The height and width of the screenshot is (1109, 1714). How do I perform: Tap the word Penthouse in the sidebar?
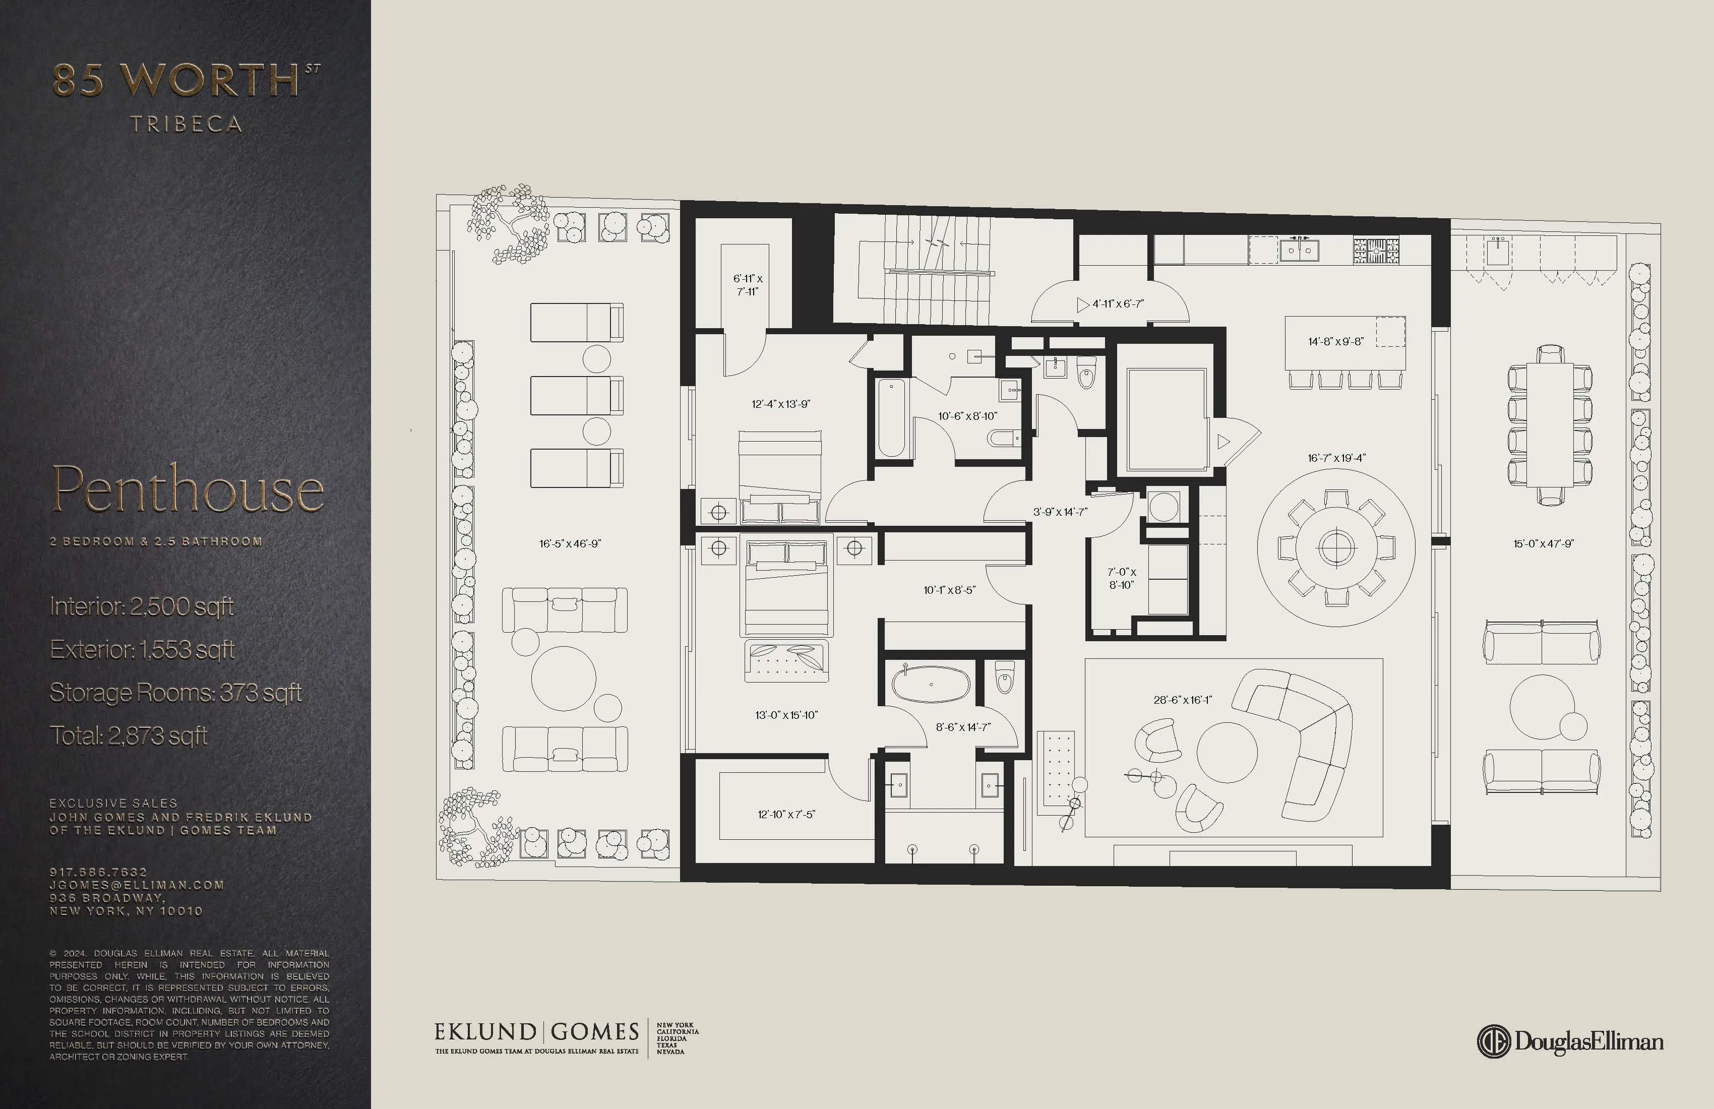pyautogui.click(x=187, y=489)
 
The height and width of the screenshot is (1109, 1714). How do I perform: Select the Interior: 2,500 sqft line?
pyautogui.click(x=142, y=606)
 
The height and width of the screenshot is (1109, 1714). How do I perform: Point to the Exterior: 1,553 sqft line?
pyautogui.click(x=142, y=650)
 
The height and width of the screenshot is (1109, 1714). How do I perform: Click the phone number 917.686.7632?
pyautogui.click(x=99, y=872)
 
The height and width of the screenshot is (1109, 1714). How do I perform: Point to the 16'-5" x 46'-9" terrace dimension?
pyautogui.click(x=570, y=544)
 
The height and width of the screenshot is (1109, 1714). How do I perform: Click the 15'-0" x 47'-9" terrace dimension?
pyautogui.click(x=1543, y=544)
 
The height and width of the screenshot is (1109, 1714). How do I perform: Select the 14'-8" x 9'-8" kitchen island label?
pyautogui.click(x=1335, y=341)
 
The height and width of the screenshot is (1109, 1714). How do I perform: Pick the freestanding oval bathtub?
pyautogui.click(x=931, y=684)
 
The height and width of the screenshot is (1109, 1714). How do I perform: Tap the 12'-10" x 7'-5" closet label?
pyautogui.click(x=786, y=815)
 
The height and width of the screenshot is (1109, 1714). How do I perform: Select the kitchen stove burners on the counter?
pyautogui.click(x=1376, y=250)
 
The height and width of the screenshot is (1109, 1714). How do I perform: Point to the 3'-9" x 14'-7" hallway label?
pyautogui.click(x=1059, y=512)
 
